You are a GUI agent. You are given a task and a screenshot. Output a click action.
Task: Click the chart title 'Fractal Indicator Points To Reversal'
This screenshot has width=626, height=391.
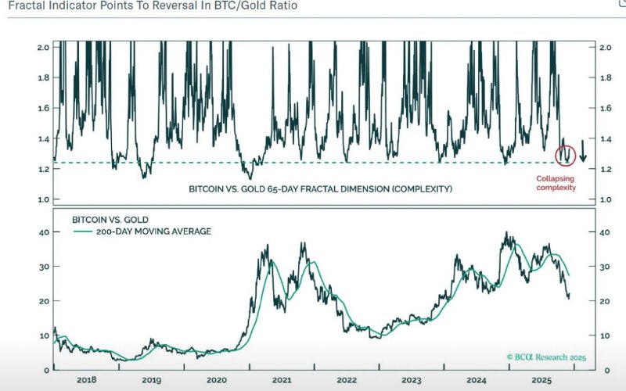click(149, 6)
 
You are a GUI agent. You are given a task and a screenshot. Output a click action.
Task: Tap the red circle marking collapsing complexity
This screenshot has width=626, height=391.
click(565, 155)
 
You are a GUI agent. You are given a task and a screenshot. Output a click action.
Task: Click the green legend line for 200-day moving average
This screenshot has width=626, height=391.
click(84, 231)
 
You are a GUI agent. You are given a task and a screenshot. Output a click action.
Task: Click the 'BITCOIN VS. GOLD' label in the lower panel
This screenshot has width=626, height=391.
click(110, 220)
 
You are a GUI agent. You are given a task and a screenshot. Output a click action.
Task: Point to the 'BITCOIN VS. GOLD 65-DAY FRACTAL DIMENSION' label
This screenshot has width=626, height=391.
click(320, 189)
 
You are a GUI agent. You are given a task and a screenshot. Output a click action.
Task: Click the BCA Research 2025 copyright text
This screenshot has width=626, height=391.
click(546, 357)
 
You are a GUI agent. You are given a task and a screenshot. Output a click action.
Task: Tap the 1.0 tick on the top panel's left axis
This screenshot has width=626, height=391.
click(44, 200)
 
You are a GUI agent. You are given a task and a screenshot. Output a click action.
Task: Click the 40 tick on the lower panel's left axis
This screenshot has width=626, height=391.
click(45, 232)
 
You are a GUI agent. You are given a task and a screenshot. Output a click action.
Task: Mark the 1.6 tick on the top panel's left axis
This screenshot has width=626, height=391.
click(44, 109)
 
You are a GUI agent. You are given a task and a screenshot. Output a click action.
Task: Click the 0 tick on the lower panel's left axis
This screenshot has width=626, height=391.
click(48, 370)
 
